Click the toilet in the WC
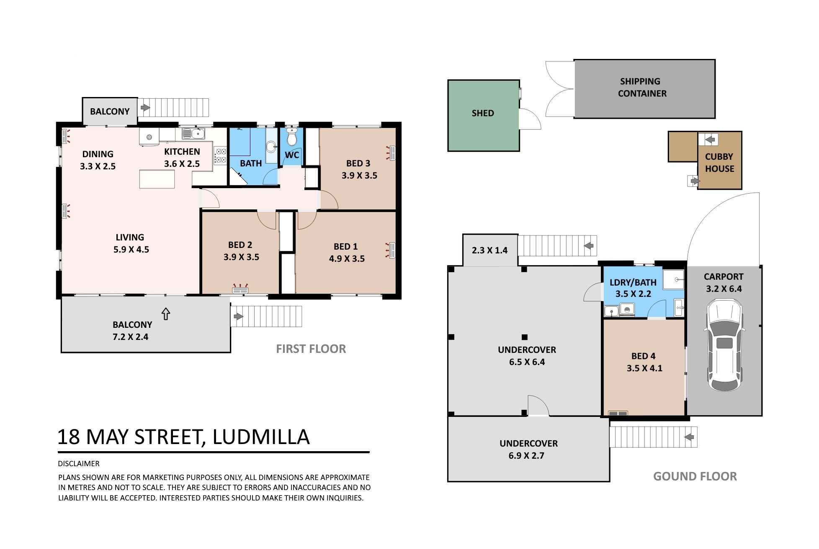pos(292,137)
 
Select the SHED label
pos(483,113)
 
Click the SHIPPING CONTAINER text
pos(642,87)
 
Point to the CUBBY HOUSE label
pos(719,163)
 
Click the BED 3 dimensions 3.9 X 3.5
pos(359,176)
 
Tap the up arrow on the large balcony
pos(166,314)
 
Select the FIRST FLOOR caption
pos(311,349)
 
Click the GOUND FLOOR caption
pos(695,476)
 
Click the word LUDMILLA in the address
pos(261,437)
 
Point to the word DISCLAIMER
pos(79,464)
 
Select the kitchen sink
pos(193,134)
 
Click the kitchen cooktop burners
pos(221,156)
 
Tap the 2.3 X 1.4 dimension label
pos(489,250)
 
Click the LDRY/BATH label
pos(633,283)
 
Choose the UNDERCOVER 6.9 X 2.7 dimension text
pos(526,456)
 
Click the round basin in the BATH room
pos(271,146)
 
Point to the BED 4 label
pos(644,356)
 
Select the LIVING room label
pos(130,237)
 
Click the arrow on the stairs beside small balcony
pos(145,108)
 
